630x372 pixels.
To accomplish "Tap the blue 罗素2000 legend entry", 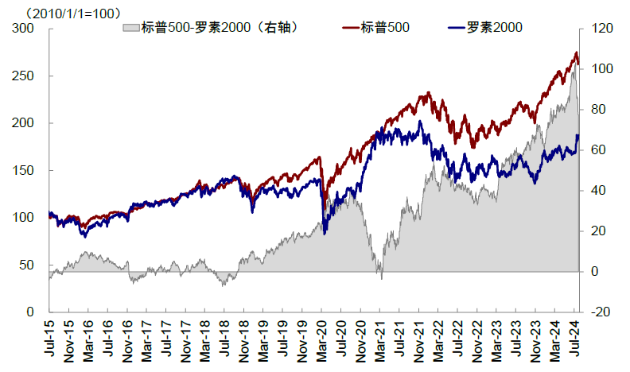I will click(484, 28).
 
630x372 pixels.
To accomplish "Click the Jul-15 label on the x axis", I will click(49, 338).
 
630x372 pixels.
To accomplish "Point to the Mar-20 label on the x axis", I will click(322, 338).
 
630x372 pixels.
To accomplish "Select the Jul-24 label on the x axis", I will click(575, 338).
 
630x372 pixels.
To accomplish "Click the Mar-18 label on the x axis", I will click(205, 338).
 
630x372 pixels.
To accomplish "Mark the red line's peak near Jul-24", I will click(576, 53).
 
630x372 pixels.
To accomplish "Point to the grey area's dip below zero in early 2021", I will click(381, 277).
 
